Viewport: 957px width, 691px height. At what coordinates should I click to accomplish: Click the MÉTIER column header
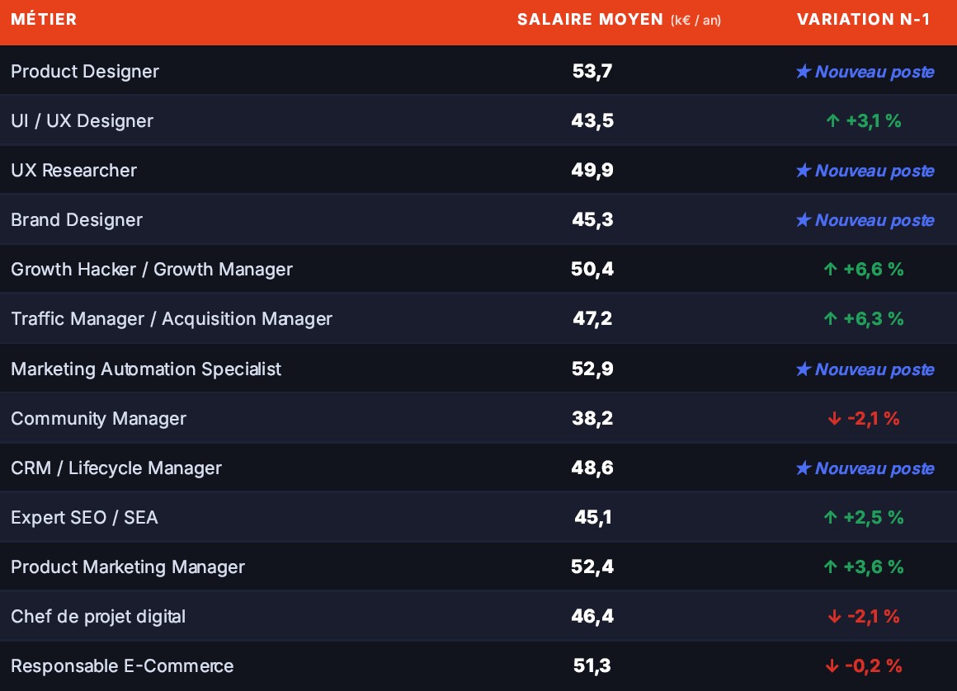coord(44,19)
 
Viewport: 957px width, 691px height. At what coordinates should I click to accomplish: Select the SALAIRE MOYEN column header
coord(619,20)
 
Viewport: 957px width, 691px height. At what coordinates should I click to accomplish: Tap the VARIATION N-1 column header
coord(863,20)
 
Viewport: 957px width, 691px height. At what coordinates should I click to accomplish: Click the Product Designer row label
coord(85,72)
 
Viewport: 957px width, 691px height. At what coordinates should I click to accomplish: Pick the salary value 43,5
coord(592,120)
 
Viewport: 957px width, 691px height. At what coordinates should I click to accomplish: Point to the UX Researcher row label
coord(74,170)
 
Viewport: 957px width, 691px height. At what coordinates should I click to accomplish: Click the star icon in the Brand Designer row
coord(804,219)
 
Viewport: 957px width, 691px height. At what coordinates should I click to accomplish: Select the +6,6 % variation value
coord(874,269)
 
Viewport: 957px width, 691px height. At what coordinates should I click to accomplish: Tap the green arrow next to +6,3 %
coord(830,318)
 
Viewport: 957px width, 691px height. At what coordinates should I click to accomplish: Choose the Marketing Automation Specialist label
coord(146,369)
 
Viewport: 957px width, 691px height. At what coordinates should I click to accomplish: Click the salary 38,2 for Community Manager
coord(592,418)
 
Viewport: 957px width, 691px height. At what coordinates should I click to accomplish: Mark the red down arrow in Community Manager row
coord(834,418)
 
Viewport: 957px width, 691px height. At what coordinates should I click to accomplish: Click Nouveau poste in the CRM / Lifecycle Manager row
coord(874,468)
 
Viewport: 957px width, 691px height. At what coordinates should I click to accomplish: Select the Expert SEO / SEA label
coord(84,517)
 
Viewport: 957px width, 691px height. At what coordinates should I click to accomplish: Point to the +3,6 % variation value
coord(874,567)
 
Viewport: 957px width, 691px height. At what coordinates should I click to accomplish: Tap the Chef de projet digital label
coord(98,617)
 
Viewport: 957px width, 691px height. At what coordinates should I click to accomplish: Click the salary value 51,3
coord(592,665)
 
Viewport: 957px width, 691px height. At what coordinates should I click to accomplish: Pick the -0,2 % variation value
coord(874,666)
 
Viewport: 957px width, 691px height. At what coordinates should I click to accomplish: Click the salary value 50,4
coord(592,269)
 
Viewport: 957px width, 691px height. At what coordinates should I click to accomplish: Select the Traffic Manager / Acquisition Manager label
coord(172,319)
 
